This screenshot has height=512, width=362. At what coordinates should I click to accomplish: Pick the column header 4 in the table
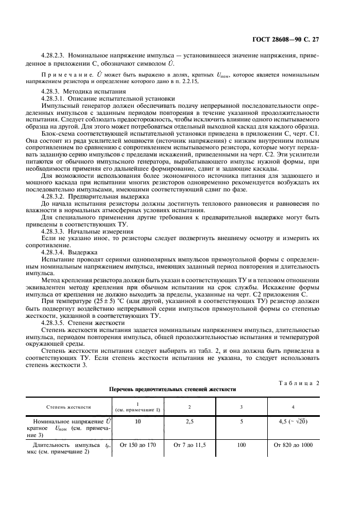click(293, 407)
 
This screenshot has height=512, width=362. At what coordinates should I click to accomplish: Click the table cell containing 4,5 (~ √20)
click(293, 422)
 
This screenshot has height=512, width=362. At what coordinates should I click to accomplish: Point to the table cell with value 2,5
click(189, 422)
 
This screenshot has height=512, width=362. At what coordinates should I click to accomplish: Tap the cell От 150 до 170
click(137, 445)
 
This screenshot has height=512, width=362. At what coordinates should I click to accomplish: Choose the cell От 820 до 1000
click(293, 445)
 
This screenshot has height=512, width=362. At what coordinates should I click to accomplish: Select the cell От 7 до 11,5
click(189, 445)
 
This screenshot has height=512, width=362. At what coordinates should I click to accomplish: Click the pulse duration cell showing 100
click(241, 445)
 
